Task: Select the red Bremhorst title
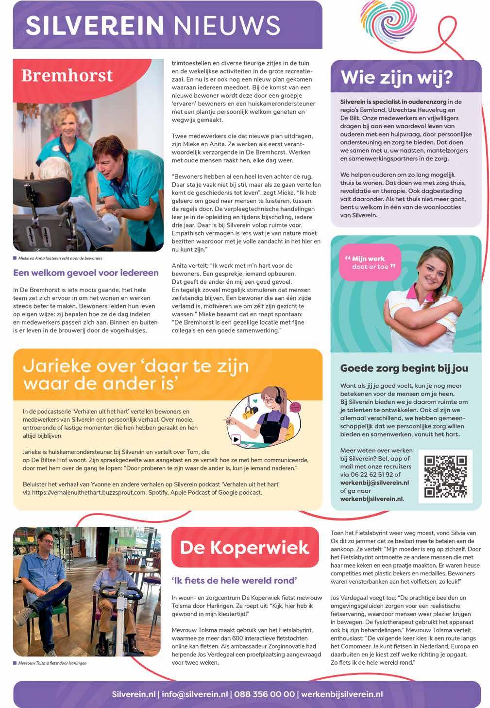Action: pos(67,75)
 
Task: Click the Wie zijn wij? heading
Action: pos(397,77)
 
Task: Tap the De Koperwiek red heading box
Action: pos(245,547)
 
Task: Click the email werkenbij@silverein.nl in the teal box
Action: pos(374,483)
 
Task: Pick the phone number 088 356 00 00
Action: pos(264,694)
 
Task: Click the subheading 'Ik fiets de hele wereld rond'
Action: pos(235,580)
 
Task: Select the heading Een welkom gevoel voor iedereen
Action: pos(86,273)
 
